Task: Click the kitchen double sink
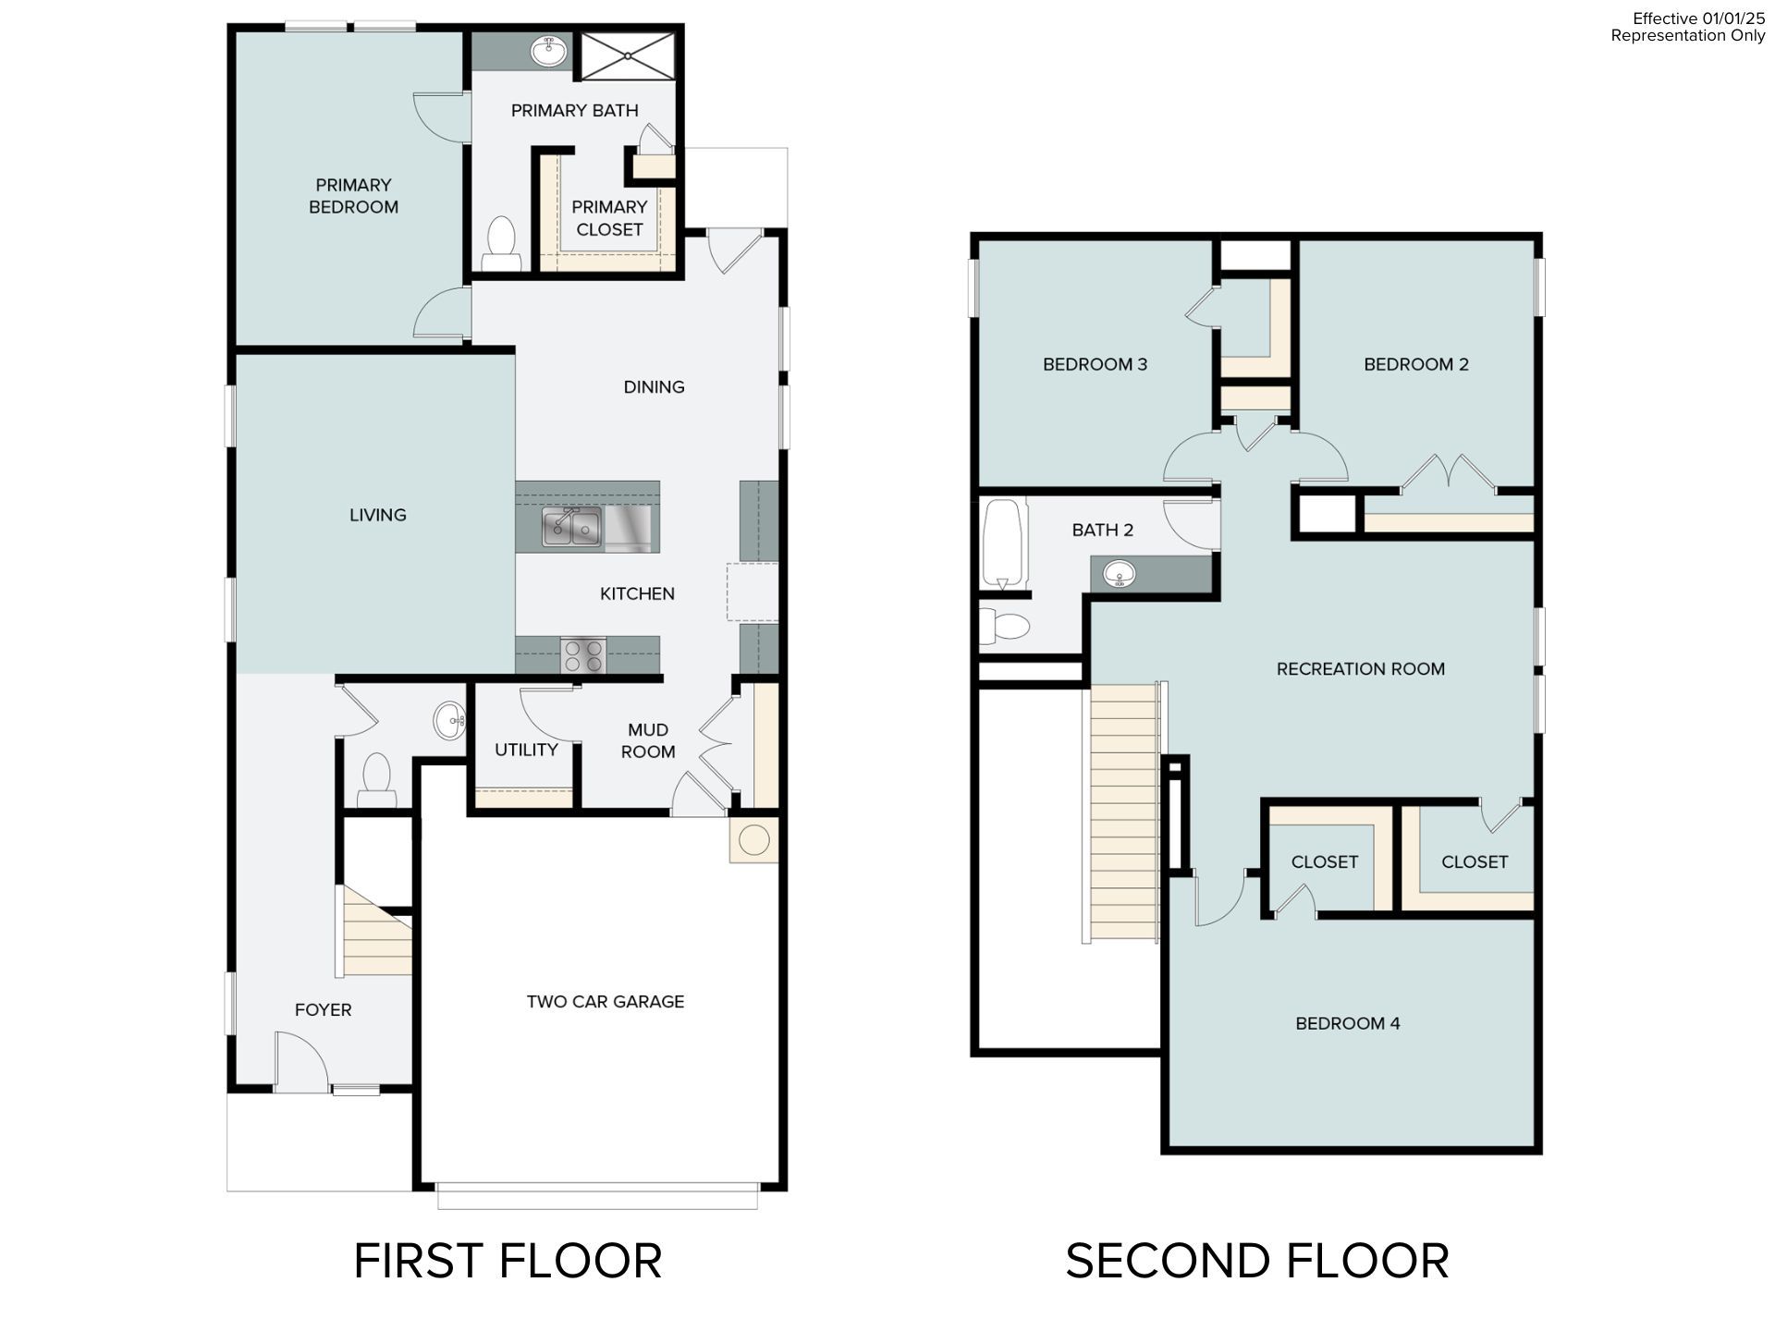[571, 528]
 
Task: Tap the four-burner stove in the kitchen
[583, 655]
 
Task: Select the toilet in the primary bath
[501, 243]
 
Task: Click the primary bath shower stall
[628, 55]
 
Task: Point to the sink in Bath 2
[1120, 575]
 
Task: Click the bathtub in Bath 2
[1003, 543]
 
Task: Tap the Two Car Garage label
[605, 1001]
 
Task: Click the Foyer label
[323, 1009]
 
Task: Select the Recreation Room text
[1360, 668]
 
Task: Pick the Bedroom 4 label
[1347, 1023]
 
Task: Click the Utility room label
[525, 750]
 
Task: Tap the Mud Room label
[647, 740]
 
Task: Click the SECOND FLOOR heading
[1256, 1261]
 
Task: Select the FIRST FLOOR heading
[508, 1261]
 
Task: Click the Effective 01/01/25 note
[1697, 18]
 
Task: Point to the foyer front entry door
[300, 1063]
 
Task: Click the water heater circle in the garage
[753, 839]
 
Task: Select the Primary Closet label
[609, 218]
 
